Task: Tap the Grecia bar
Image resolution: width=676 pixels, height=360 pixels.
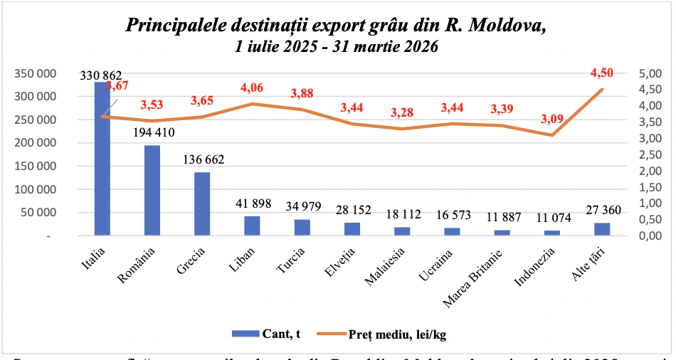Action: click(202, 203)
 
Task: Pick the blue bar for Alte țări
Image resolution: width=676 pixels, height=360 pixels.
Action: click(602, 228)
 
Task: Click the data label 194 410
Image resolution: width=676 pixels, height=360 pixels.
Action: click(152, 132)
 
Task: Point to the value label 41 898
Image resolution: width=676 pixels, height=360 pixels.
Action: click(252, 203)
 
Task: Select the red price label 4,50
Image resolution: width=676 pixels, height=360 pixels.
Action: click(602, 73)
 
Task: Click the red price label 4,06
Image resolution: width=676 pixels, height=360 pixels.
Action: click(253, 88)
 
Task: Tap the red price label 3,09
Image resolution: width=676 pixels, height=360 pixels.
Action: click(552, 119)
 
